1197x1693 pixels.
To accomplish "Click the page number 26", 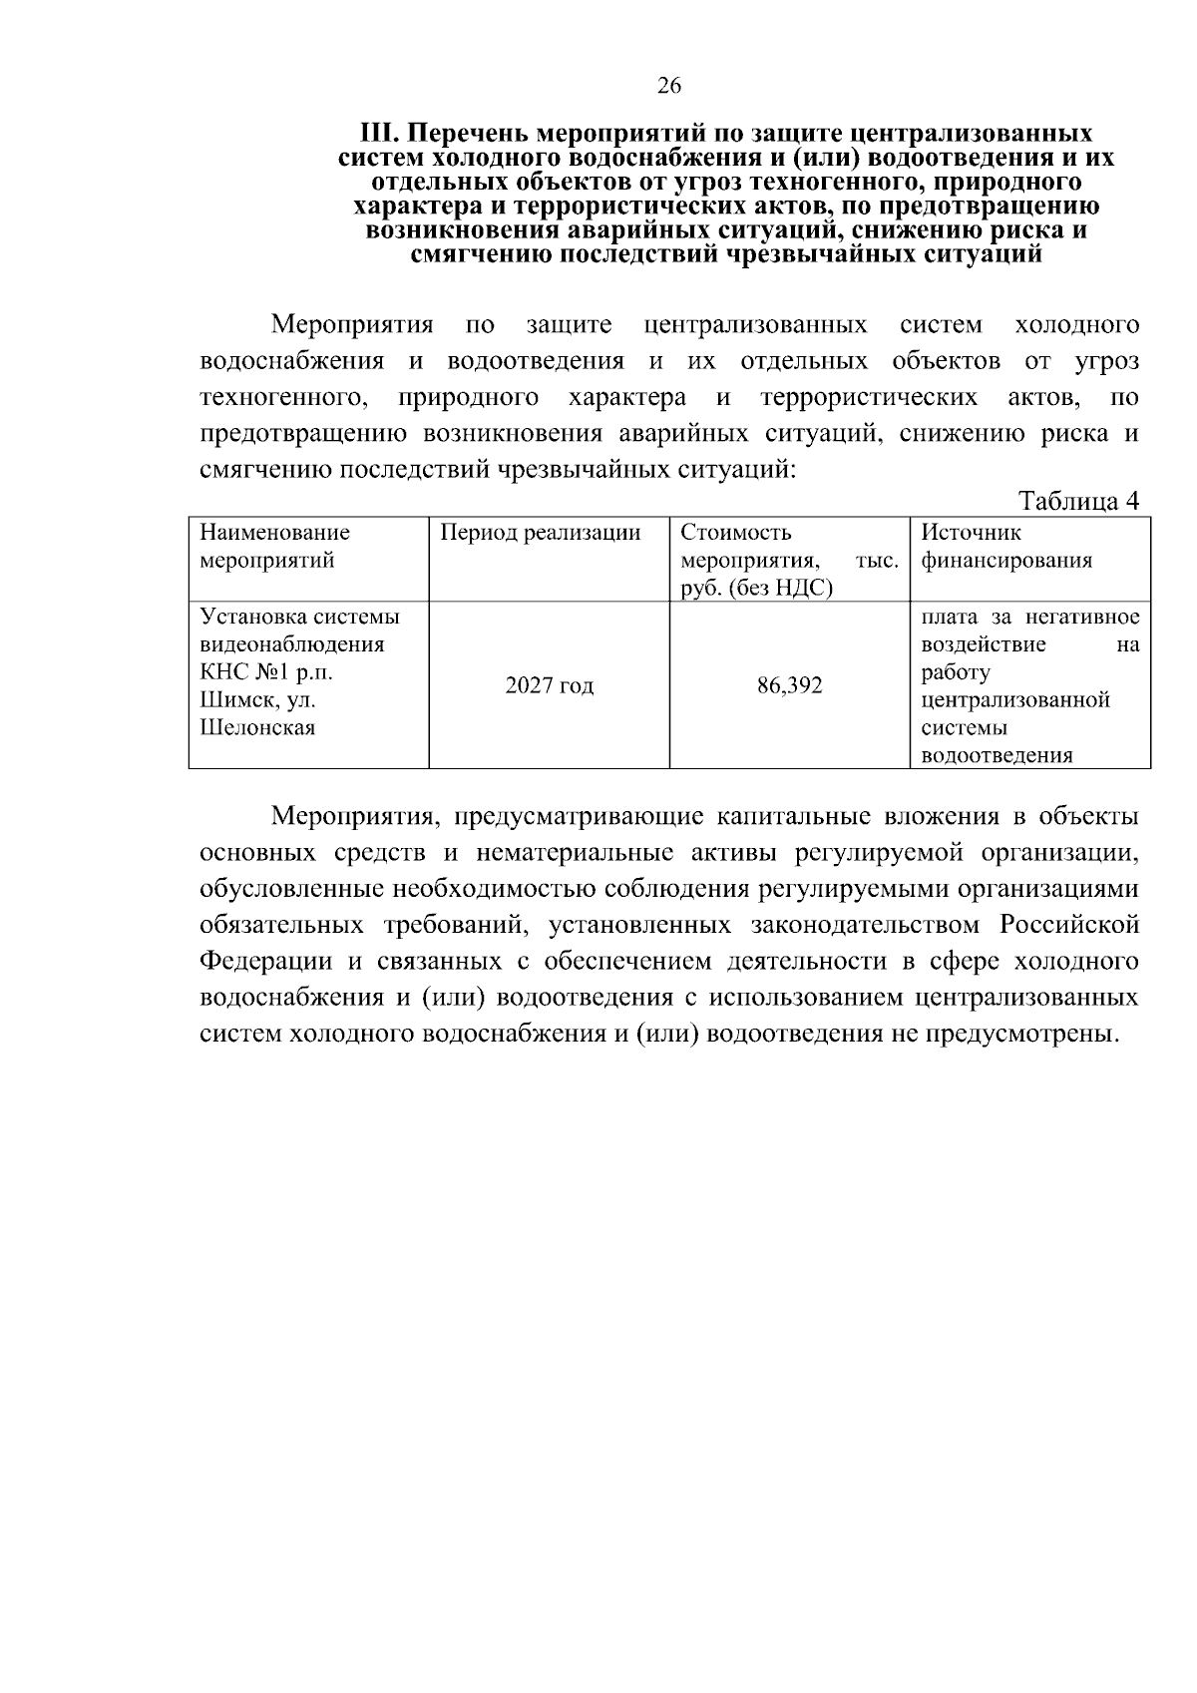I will (x=668, y=87).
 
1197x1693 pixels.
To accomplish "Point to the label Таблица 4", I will (x=1078, y=501).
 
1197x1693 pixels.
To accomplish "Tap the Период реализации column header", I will (x=541, y=533).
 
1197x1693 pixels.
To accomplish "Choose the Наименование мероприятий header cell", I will (x=275, y=547).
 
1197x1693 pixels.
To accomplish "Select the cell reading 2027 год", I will (x=549, y=686).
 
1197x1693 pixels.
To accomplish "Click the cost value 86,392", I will (x=790, y=686).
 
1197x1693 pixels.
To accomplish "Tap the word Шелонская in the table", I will (x=258, y=728).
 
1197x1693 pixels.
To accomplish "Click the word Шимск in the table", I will (x=226, y=700).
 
